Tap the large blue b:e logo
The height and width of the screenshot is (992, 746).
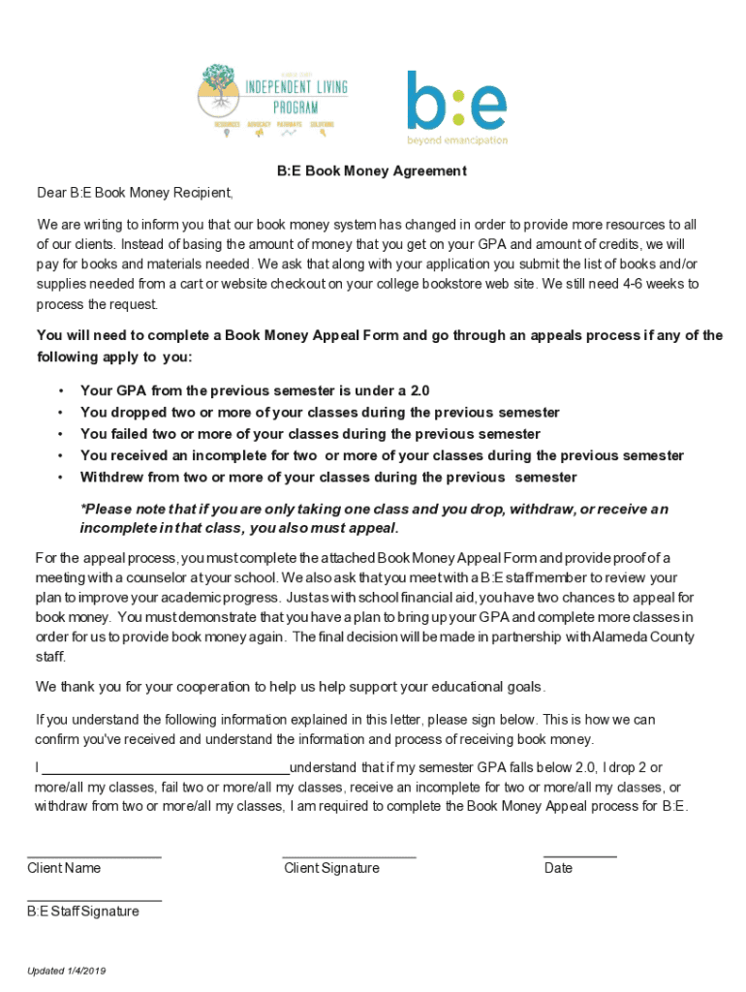coord(455,100)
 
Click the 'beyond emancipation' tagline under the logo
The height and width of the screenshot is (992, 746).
coord(456,140)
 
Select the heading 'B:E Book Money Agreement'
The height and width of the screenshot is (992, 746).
coord(372,171)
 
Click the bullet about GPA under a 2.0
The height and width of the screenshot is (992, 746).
coord(255,391)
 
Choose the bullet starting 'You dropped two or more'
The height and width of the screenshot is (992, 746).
coord(320,413)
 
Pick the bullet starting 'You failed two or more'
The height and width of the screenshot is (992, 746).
coord(310,434)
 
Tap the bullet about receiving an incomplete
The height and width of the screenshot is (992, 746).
coord(382,455)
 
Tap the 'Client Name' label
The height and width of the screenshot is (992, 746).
coord(64,868)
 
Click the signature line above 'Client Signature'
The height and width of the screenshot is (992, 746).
coord(349,856)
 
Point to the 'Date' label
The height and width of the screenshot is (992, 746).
coord(558,868)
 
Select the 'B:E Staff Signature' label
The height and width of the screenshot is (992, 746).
coord(83,912)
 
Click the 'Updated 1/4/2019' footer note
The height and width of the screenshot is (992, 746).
coord(66,972)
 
